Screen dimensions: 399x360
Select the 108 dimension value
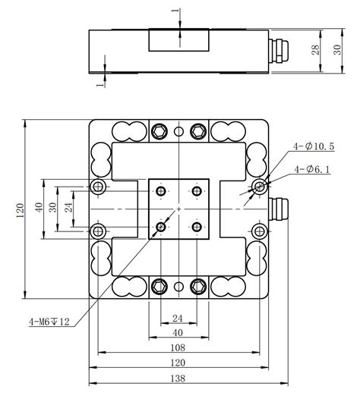(x=177, y=347)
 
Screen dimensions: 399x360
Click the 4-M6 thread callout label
(x=49, y=322)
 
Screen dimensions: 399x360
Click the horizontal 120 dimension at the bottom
(x=177, y=363)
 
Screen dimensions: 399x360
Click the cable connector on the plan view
(x=282, y=206)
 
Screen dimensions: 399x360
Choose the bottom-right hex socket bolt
(x=197, y=286)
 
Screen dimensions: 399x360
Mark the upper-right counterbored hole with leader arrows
(x=261, y=186)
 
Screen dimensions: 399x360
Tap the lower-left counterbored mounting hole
(x=96, y=230)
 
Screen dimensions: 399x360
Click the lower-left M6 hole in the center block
(x=161, y=226)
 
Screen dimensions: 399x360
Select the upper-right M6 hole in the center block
(x=197, y=190)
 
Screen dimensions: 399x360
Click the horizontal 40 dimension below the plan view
(x=178, y=332)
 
